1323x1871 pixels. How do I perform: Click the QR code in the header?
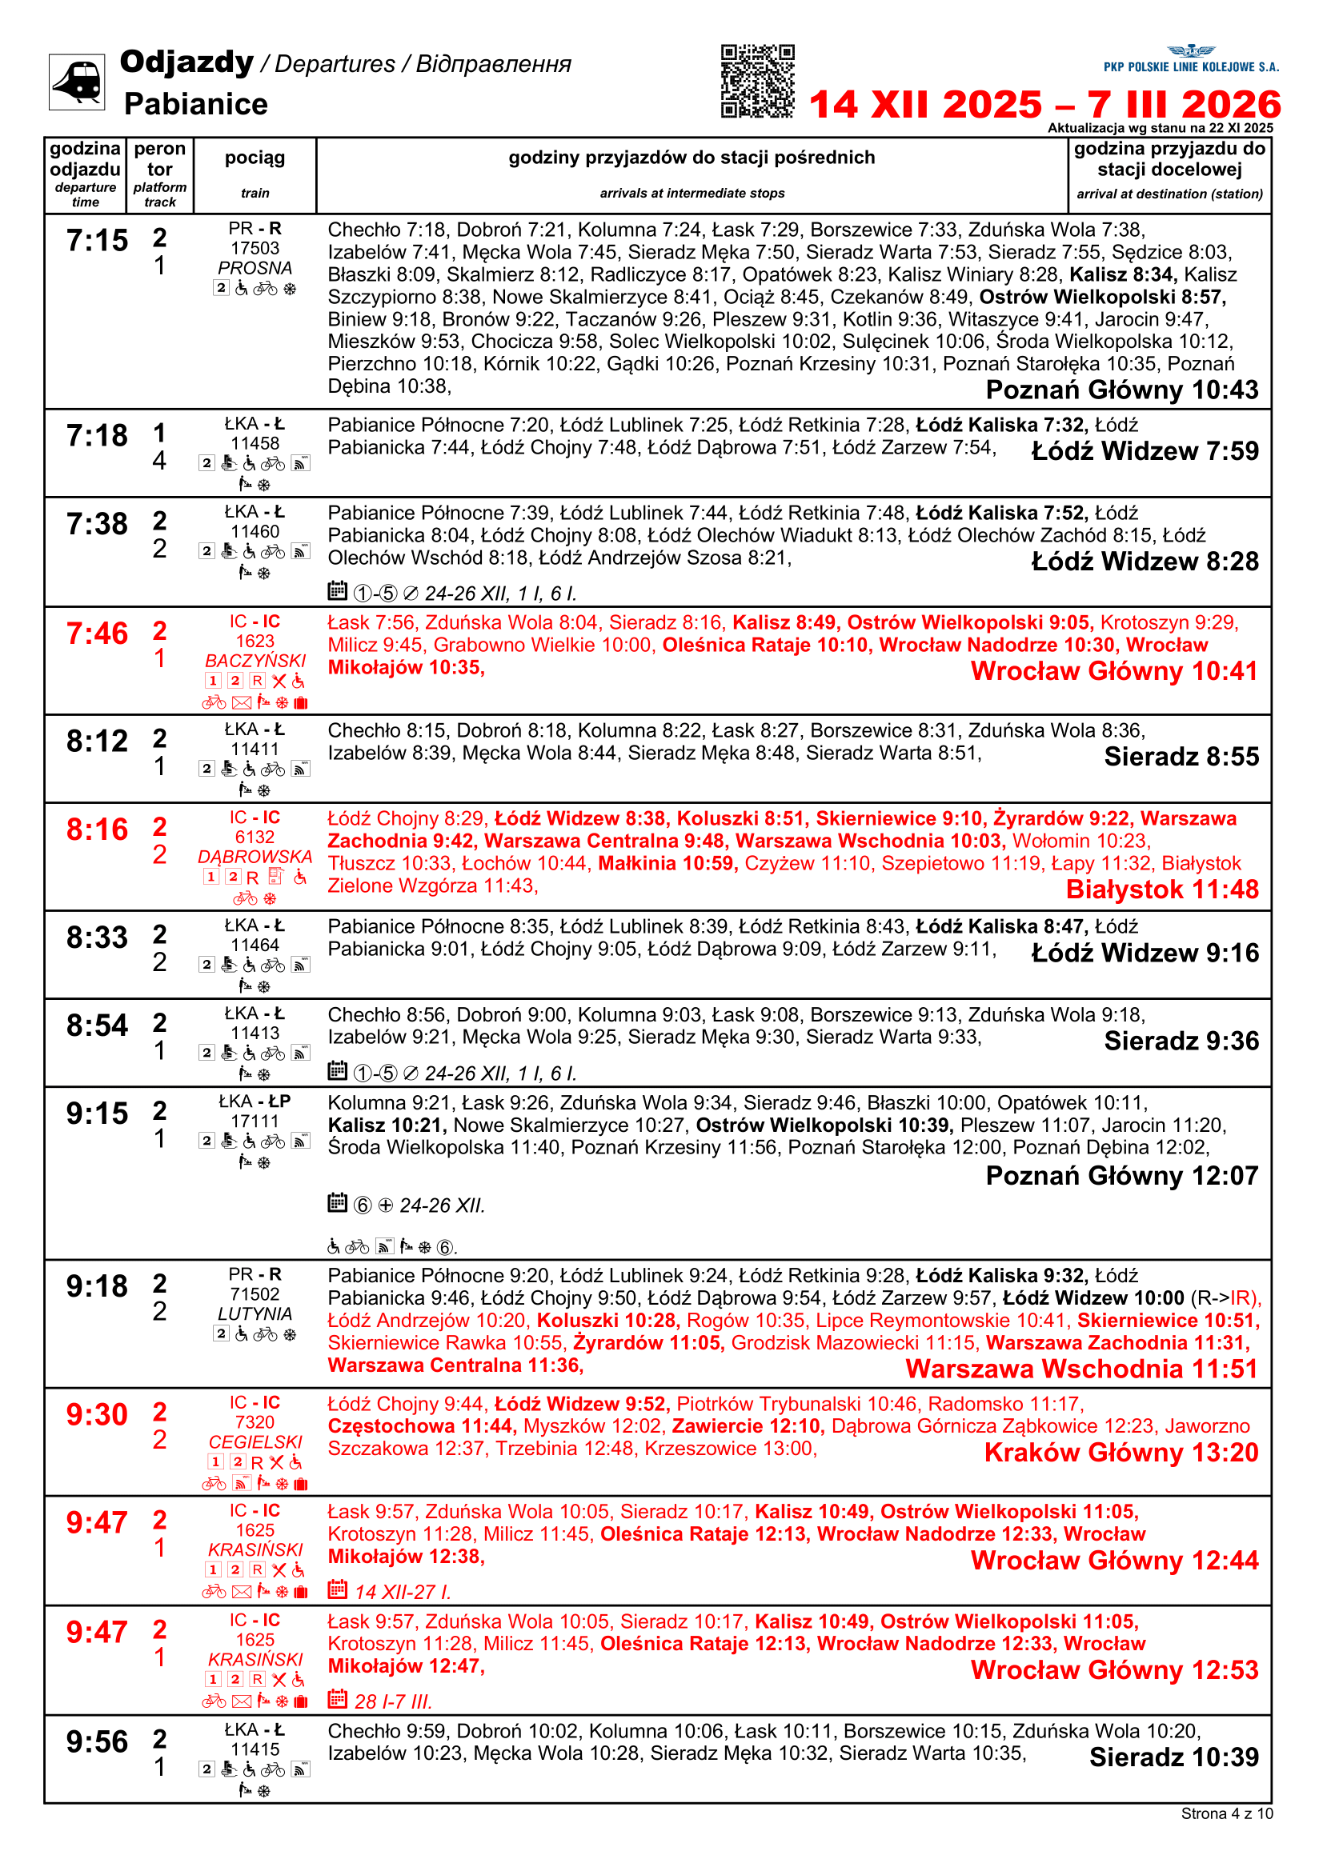coord(757,82)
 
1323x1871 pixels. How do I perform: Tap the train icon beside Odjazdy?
coord(77,82)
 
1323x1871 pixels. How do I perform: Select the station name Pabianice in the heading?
coord(195,104)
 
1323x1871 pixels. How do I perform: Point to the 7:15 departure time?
coord(97,241)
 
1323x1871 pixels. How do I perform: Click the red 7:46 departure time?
coord(97,634)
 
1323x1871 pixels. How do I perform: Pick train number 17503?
coord(255,248)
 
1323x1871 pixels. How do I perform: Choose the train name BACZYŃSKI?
coord(255,660)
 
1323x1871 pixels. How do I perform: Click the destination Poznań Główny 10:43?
coord(1121,390)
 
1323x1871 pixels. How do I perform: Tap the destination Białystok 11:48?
coord(1161,889)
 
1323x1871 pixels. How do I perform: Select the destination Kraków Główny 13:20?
coord(1121,1452)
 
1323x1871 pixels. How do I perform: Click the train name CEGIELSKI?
coord(255,1441)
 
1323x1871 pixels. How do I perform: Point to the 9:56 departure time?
coord(97,1742)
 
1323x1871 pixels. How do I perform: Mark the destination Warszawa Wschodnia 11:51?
coord(1082,1369)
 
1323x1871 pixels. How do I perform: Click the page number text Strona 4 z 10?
coord(1226,1813)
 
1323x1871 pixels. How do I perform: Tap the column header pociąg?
coord(255,158)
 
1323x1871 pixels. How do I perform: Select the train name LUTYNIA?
coord(255,1313)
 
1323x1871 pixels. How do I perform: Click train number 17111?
coord(255,1121)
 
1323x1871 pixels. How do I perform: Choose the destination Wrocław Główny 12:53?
coord(1114,1669)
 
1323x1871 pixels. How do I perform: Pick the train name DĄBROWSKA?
coord(255,857)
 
